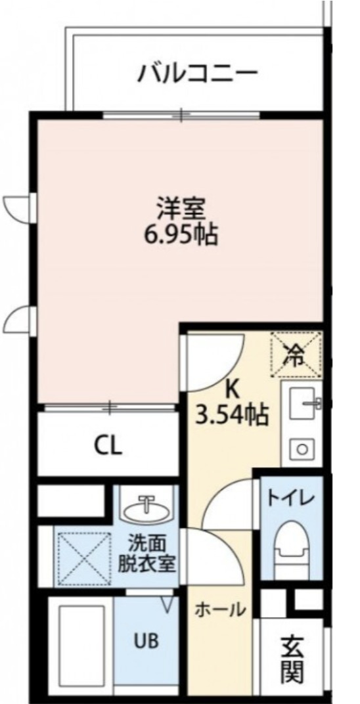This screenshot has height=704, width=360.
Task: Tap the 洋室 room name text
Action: [181, 209]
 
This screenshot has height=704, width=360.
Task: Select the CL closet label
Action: [107, 447]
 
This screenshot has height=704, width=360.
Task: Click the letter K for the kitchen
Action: [231, 389]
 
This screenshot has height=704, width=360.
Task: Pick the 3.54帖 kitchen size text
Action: [232, 414]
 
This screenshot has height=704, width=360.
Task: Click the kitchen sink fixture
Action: [303, 401]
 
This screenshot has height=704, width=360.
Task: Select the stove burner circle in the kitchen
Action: [302, 450]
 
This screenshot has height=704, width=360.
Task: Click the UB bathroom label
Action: [146, 640]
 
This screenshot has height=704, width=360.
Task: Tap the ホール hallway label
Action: [220, 609]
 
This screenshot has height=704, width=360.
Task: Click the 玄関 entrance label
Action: [292, 659]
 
